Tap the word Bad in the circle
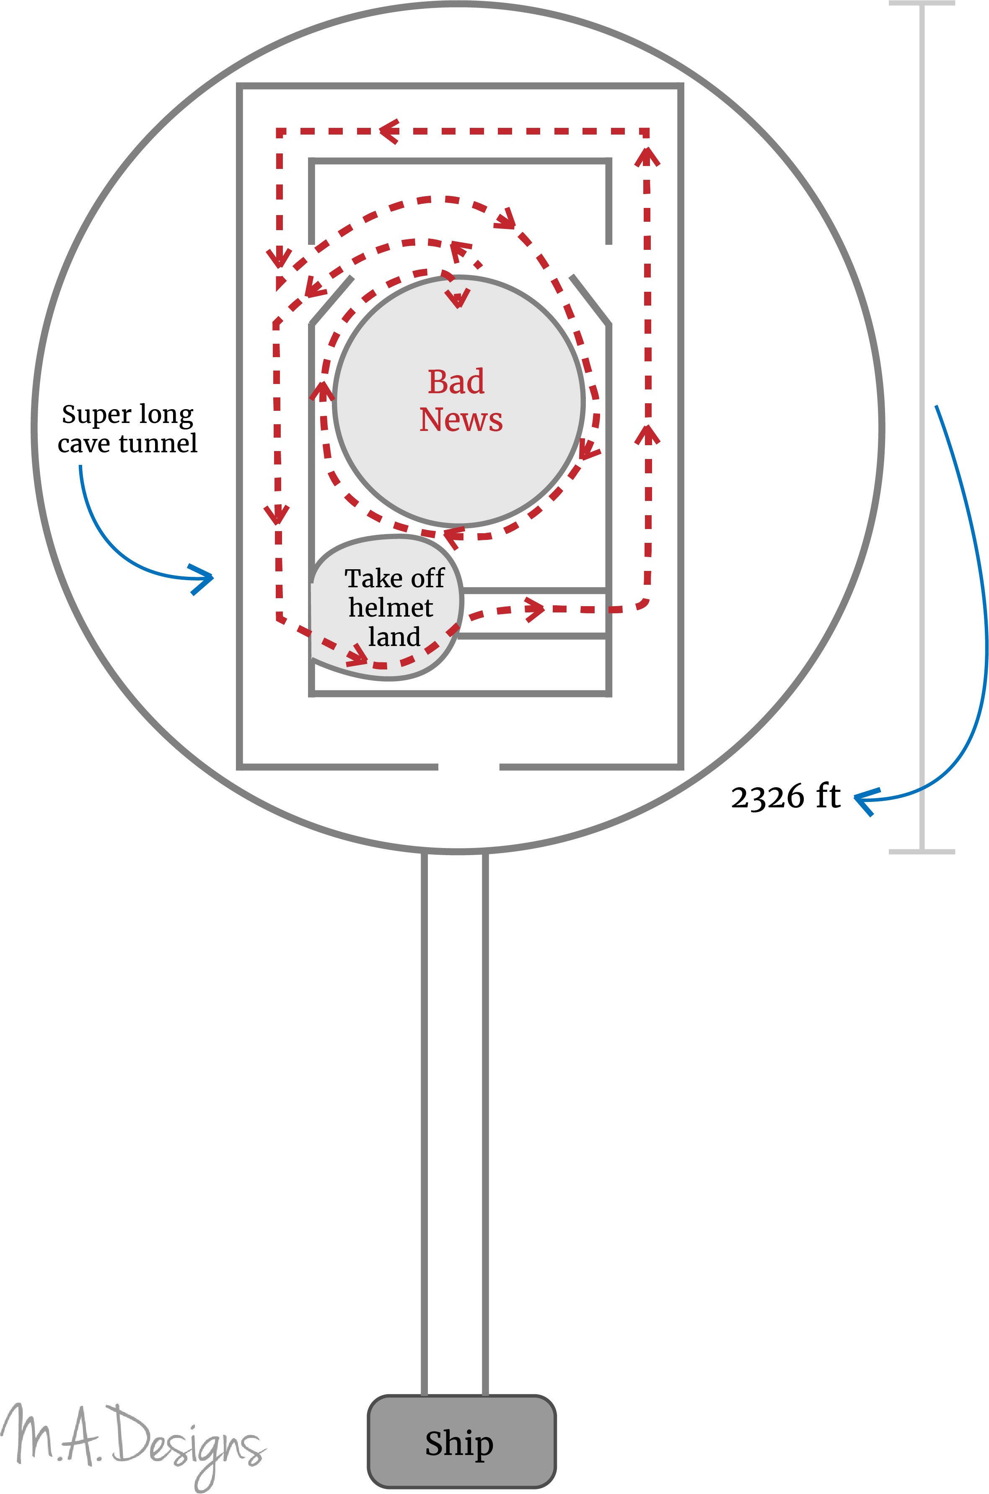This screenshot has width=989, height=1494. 456,382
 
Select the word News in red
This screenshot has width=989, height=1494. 461,420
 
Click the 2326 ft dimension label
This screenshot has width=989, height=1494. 785,796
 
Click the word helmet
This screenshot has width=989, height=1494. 391,607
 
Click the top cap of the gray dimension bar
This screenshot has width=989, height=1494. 922,4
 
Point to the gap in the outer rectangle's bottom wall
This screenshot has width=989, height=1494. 469,767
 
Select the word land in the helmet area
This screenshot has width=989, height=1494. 394,637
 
